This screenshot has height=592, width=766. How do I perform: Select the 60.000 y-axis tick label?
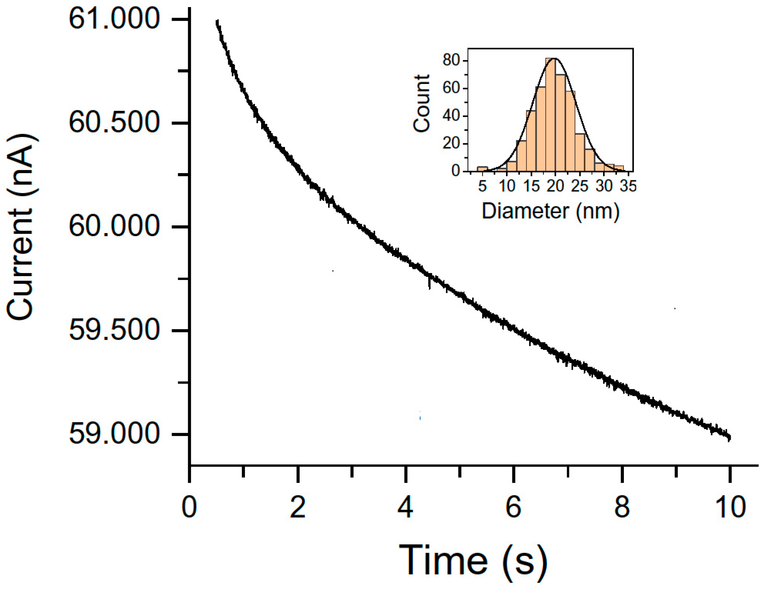coord(114,226)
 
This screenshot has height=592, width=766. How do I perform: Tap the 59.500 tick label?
coord(114,330)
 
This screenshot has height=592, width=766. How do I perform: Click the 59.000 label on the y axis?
coord(114,434)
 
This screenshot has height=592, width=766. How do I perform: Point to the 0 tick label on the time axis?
coord(189,507)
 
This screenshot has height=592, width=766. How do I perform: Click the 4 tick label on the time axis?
coord(406,507)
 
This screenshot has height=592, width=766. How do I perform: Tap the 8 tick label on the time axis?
coord(622,507)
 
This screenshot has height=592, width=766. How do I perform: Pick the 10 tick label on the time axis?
coord(730,507)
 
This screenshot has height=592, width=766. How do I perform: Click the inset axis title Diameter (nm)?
coord(551,211)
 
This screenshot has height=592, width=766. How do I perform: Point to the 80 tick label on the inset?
coord(451,60)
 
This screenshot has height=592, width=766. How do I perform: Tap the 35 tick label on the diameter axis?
coord(628,186)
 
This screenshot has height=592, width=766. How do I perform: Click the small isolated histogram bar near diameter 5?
coord(482,169)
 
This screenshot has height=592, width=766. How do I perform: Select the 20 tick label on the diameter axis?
coord(555,186)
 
